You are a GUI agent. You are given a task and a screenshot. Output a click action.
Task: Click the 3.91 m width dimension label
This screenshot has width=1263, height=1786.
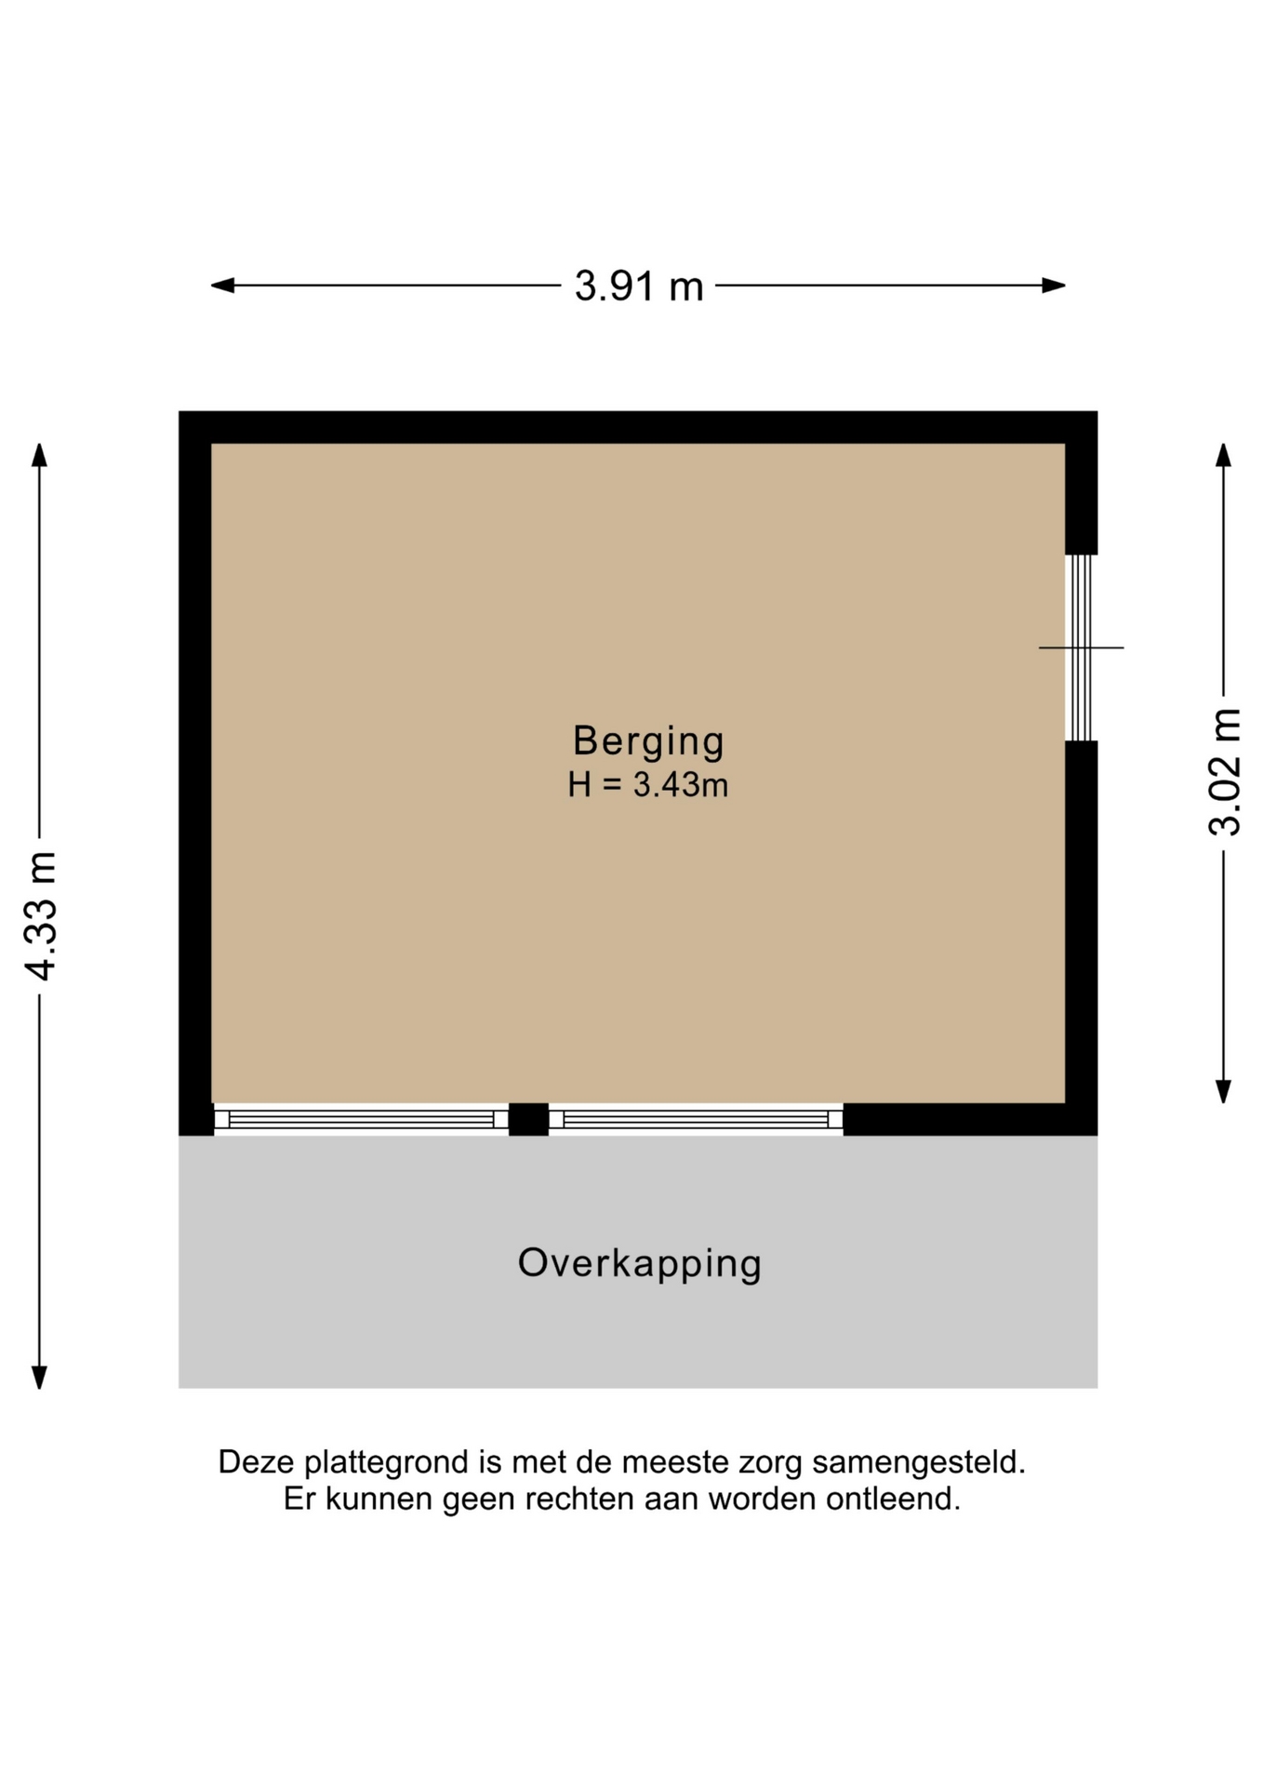[x=639, y=286]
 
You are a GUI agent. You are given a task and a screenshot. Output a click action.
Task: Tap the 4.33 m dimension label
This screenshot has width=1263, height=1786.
[x=42, y=915]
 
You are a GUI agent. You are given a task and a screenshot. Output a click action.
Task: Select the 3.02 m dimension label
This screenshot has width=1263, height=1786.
[x=1225, y=772]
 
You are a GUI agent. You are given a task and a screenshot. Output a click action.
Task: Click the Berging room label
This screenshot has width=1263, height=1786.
[x=648, y=741]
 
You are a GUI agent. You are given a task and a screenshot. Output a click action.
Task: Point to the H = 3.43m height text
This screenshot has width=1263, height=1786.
[x=648, y=785]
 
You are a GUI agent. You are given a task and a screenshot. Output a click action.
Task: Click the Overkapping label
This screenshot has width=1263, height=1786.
[x=640, y=1264]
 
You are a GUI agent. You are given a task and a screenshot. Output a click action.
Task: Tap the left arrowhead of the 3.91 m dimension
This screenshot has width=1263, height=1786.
[x=222, y=286]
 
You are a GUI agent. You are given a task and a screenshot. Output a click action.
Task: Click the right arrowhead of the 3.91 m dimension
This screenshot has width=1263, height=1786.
[x=1054, y=286]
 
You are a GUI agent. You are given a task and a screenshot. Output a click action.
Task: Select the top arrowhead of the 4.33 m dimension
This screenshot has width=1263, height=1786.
[x=39, y=454]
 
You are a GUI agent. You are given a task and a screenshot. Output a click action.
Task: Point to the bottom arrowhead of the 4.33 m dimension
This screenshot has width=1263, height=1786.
[x=39, y=1378]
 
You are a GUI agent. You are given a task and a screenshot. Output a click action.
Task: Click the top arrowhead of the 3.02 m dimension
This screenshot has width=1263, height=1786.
[x=1224, y=455]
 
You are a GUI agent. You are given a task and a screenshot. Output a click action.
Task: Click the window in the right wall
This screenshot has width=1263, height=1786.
[x=1081, y=647]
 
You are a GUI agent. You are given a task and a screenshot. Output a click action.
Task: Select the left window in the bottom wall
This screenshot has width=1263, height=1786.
[x=361, y=1119]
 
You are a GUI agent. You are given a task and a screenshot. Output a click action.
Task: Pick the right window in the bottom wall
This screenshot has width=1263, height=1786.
[x=696, y=1119]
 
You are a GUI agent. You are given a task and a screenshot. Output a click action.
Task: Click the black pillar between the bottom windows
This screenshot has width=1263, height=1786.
[x=528, y=1119]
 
